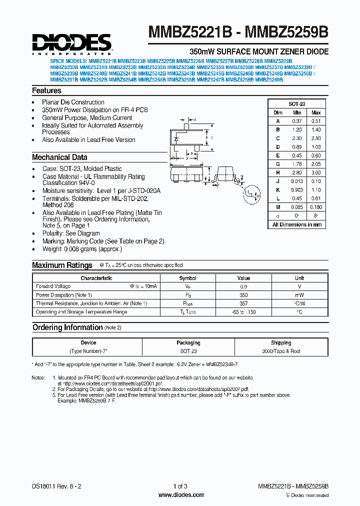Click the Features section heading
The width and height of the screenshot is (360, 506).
click(46, 90)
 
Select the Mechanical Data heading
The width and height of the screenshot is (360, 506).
click(59, 157)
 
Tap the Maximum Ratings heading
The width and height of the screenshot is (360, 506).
click(62, 265)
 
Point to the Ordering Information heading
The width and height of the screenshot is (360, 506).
click(67, 327)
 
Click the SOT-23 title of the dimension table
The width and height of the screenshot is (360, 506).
click(297, 104)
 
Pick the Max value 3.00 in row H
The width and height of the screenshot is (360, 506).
click(315, 172)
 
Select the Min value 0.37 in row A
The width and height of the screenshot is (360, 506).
click(297, 121)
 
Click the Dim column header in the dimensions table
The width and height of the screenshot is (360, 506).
click(278, 112)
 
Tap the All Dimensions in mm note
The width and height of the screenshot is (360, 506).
click(297, 224)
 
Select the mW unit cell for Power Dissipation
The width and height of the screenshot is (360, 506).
click(299, 295)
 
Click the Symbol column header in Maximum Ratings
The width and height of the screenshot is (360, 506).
click(187, 278)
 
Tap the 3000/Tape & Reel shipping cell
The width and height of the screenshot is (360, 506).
click(281, 351)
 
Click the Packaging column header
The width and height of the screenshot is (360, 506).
click(188, 343)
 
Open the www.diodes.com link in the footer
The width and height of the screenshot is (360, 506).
click(180, 495)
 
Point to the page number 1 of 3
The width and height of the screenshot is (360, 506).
click(180, 486)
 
